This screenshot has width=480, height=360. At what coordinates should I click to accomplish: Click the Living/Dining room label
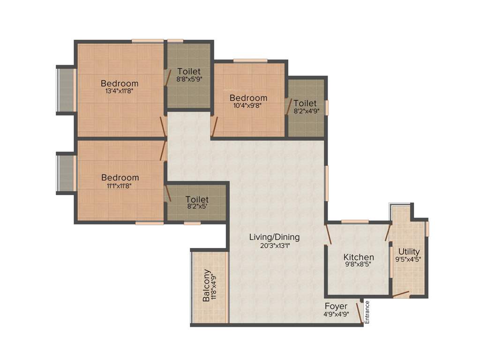[274, 237]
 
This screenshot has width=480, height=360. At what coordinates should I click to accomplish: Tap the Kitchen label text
[359, 257]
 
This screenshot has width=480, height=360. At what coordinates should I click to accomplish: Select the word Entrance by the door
[367, 312]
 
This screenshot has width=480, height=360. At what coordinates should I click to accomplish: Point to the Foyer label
[336, 307]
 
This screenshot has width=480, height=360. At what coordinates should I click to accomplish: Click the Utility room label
[409, 252]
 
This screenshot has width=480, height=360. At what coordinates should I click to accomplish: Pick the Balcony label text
[206, 285]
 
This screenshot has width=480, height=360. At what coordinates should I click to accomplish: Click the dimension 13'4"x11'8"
[120, 92]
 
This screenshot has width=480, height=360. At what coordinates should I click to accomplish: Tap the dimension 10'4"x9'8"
[248, 106]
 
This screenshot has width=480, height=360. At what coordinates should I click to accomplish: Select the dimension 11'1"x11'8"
[120, 186]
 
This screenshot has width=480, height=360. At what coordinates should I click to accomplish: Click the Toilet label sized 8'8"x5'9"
[189, 71]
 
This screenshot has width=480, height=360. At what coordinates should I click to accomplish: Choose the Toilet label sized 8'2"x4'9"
[305, 103]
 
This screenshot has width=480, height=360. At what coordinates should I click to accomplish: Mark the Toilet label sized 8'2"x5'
[197, 200]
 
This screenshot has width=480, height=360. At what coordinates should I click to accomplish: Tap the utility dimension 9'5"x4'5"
[409, 260]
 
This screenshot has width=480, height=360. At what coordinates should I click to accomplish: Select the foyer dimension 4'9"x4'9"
[336, 315]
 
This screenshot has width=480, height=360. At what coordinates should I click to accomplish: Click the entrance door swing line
[359, 313]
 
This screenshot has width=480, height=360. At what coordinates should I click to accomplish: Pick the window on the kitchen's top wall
[354, 221]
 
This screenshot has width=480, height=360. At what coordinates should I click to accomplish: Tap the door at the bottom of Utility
[401, 294]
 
